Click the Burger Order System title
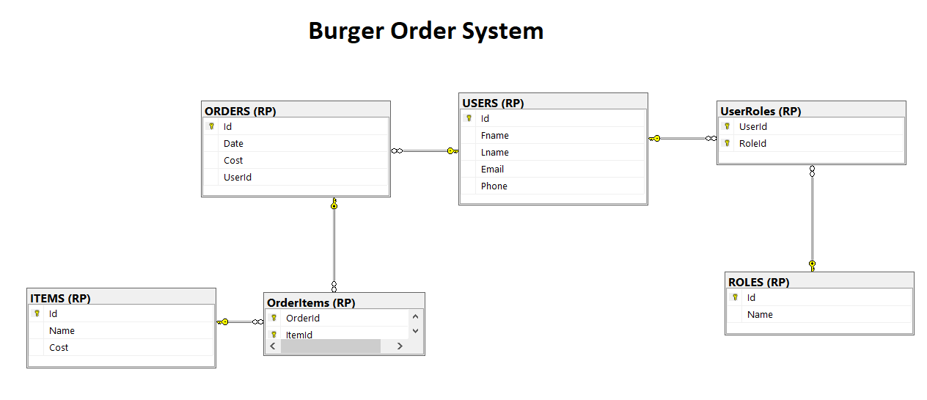pyautogui.click(x=425, y=31)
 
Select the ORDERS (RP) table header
pyautogui.click(x=241, y=112)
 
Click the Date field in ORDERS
pyautogui.click(x=233, y=144)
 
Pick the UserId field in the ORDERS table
pyautogui.click(x=237, y=178)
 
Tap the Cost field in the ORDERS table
pyautogui.click(x=233, y=161)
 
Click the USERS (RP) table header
pyautogui.click(x=493, y=103)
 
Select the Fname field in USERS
pyautogui.click(x=494, y=136)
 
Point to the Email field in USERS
pyautogui.click(x=492, y=170)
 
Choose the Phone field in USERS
pyautogui.click(x=494, y=186)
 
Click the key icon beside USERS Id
pyautogui.click(x=469, y=118)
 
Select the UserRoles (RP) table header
pyautogui.click(x=761, y=112)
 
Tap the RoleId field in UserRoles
pyautogui.click(x=752, y=144)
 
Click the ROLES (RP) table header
pyautogui.click(x=758, y=283)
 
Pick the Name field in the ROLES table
pyautogui.click(x=760, y=315)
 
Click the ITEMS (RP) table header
pyautogui.click(x=60, y=299)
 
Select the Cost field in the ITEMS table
pyautogui.click(x=59, y=348)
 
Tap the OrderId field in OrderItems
pyautogui.click(x=302, y=319)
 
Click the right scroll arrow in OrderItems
pyautogui.click(x=400, y=346)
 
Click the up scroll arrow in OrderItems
pyautogui.click(x=415, y=317)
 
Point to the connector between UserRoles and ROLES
pyautogui.click(x=812, y=220)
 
